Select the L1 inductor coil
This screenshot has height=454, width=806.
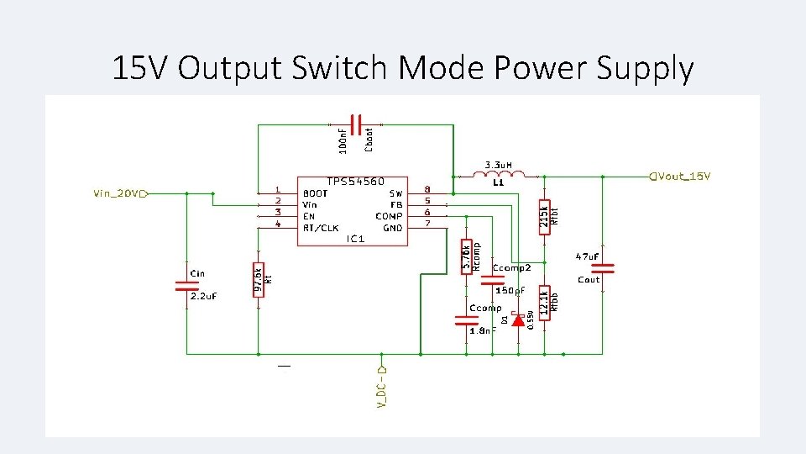click(500, 175)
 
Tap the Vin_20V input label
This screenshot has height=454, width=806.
click(117, 194)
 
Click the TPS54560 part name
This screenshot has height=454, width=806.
click(355, 182)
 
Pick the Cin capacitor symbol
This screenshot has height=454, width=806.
click(186, 285)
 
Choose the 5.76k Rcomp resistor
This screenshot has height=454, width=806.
click(467, 256)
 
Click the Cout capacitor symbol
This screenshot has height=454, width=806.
click(603, 268)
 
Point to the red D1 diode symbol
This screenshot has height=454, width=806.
click(518, 320)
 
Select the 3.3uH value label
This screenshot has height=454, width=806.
click(500, 165)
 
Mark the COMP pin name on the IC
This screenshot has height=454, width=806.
click(390, 216)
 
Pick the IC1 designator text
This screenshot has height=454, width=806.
click(355, 240)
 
